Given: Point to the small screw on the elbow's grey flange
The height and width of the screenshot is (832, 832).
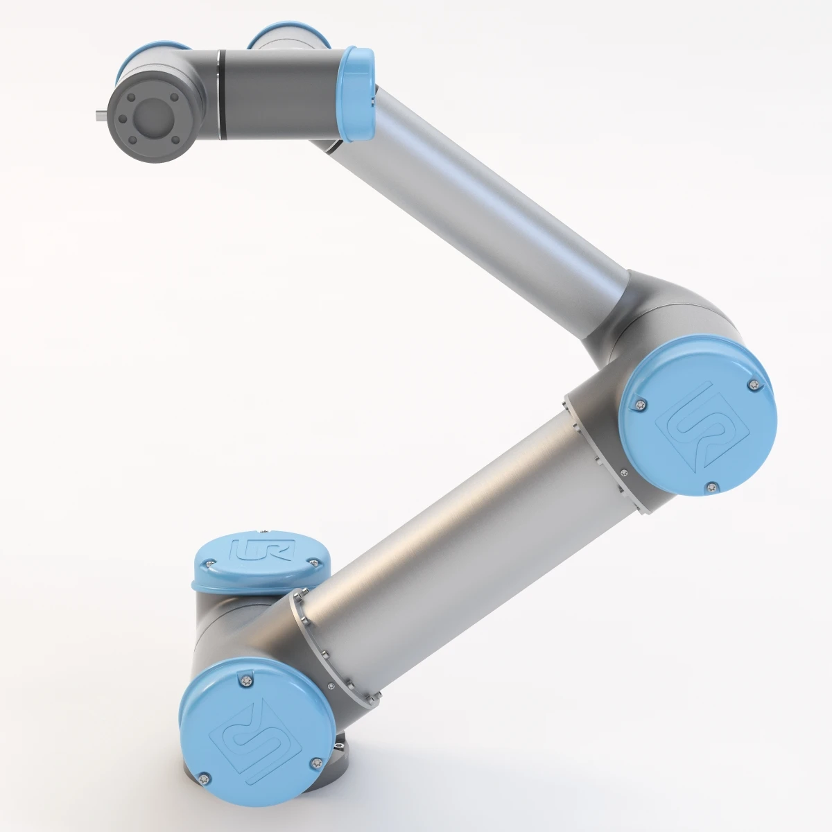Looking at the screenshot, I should [x=623, y=473].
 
